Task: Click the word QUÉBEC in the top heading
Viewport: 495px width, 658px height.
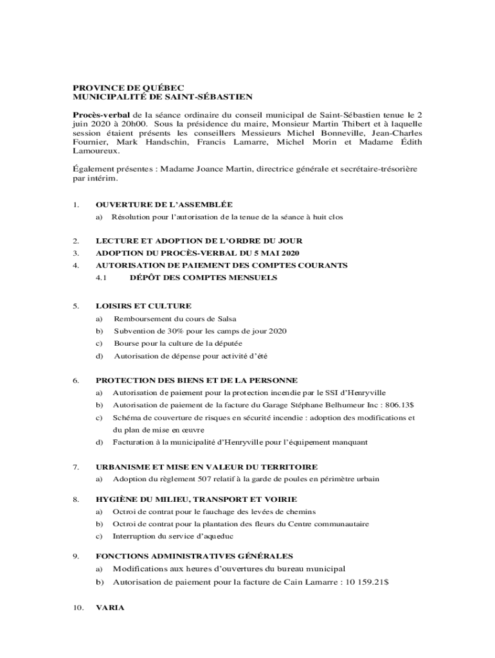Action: click(x=163, y=87)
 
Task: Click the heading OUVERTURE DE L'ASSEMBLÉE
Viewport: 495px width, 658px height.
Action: click(x=163, y=204)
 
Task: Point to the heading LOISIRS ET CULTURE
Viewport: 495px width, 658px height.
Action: click(x=143, y=306)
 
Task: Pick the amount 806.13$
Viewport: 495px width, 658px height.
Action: click(x=400, y=405)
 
